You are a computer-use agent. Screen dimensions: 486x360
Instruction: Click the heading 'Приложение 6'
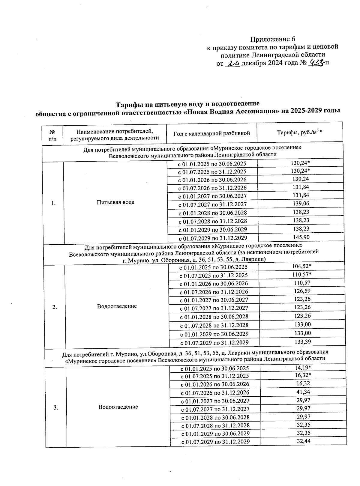273,39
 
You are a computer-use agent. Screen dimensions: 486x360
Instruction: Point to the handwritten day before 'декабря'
233,64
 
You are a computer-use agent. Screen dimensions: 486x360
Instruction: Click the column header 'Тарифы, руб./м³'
299,132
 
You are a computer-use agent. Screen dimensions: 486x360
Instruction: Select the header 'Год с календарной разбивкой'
211,133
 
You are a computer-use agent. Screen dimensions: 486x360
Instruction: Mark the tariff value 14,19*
303,368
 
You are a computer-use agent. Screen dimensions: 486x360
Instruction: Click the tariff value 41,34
303,392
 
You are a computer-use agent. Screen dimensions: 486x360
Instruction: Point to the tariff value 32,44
303,441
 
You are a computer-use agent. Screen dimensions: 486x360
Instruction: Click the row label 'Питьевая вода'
115,202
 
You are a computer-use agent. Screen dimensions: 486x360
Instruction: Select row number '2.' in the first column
55,307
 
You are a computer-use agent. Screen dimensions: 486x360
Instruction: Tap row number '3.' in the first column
56,407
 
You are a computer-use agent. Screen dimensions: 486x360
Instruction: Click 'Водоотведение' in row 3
118,407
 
